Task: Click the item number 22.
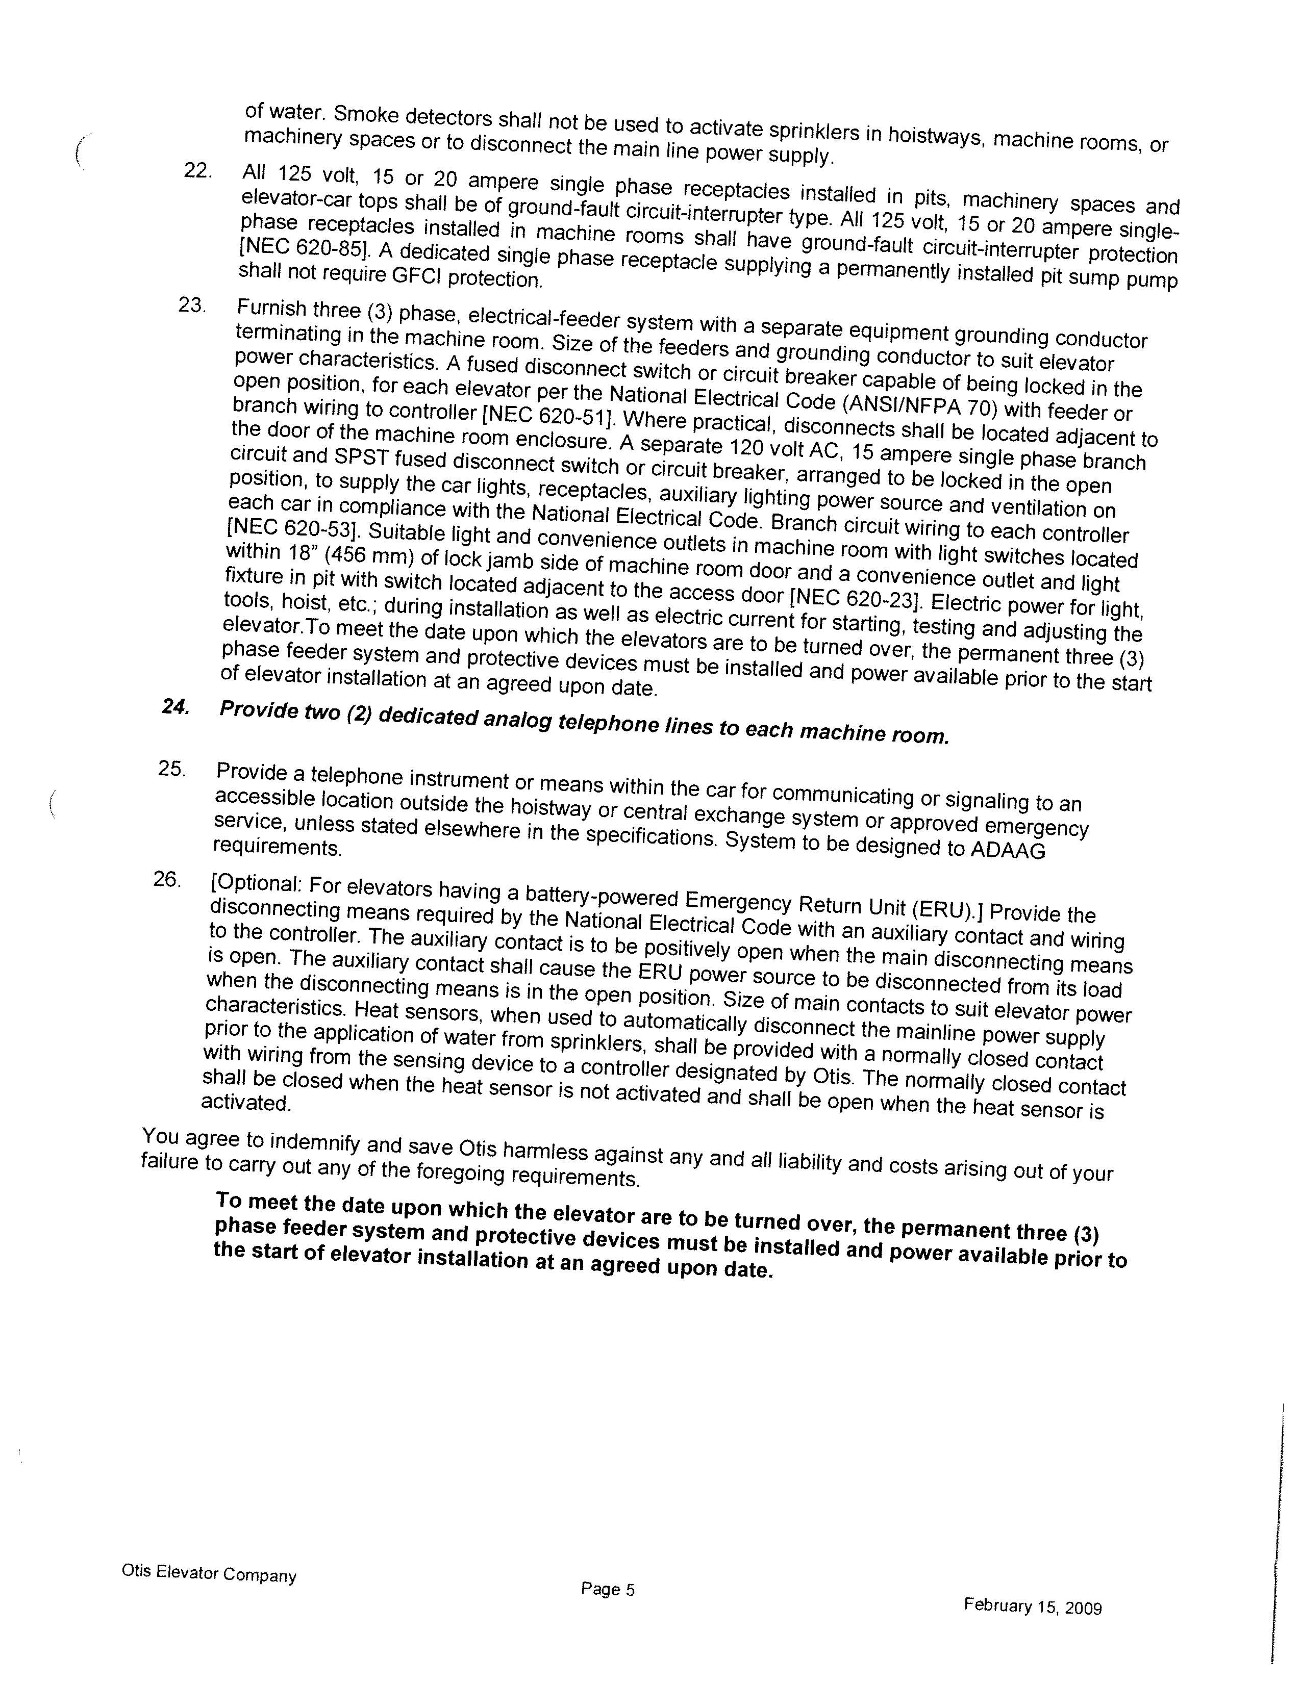tap(198, 170)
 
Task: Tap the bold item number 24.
tap(175, 707)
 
